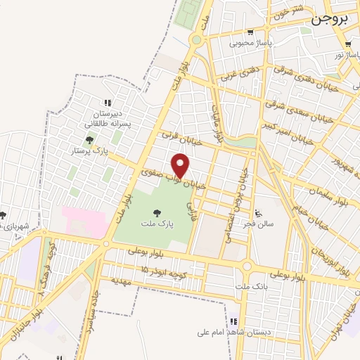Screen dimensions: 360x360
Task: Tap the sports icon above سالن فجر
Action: pos(258,213)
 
